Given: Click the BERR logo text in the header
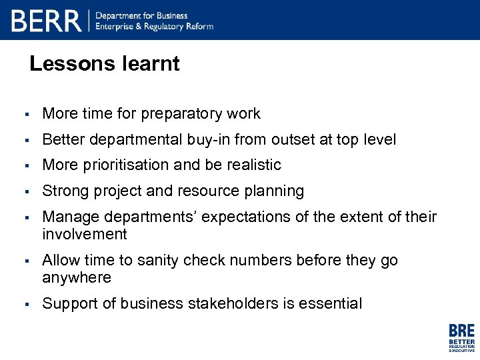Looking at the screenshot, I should [46, 21].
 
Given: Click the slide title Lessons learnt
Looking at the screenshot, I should [105, 64].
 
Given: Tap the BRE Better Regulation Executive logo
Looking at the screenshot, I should [461, 338].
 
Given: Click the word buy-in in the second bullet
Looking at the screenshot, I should [203, 140].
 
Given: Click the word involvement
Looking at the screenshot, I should [85, 234].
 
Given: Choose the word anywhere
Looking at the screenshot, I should [77, 277].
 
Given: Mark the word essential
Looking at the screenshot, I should [330, 304].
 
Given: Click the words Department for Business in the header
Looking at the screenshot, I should [142, 15].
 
